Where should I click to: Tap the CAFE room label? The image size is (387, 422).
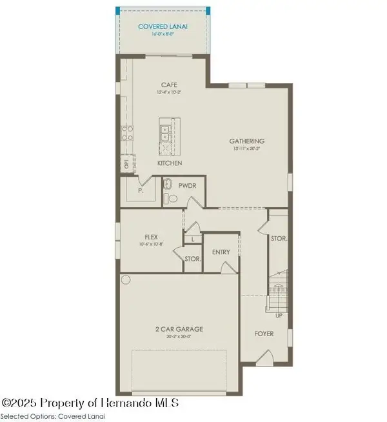[x=170, y=85]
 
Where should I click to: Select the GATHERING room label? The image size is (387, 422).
[x=248, y=141]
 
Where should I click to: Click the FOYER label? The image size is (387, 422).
[x=264, y=334]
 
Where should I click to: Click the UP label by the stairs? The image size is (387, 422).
[x=279, y=316]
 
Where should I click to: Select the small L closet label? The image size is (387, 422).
[x=192, y=239]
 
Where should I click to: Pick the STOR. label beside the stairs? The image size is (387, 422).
[x=279, y=238]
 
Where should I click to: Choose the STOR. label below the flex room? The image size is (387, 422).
[x=192, y=259]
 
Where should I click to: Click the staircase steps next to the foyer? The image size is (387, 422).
[x=278, y=294]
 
